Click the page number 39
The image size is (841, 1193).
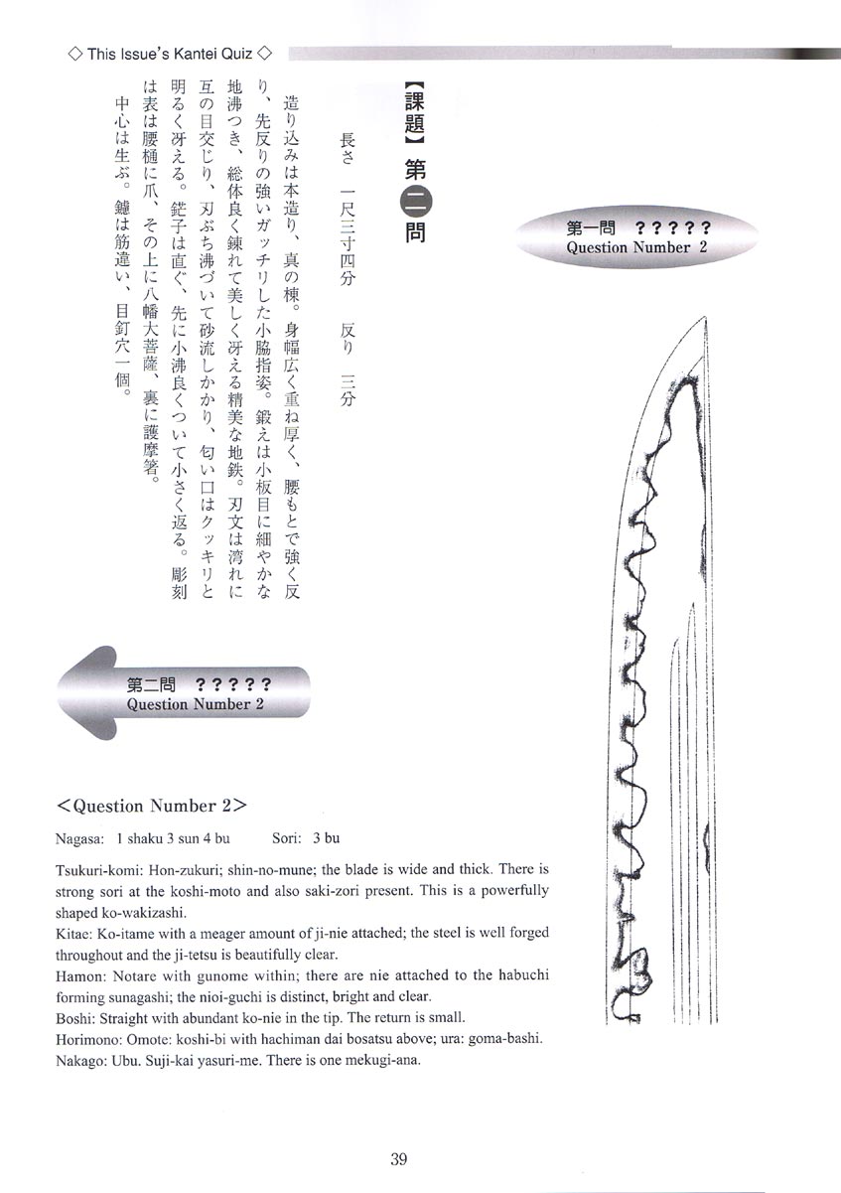coord(399,1158)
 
